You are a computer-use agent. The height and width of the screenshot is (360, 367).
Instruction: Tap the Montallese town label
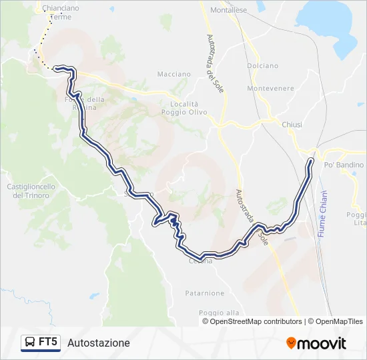pyautogui.click(x=229, y=11)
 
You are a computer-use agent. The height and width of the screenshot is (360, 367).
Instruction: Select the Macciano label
pyautogui.click(x=173, y=74)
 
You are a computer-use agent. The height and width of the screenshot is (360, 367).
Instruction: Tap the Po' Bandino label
pyautogui.click(x=344, y=165)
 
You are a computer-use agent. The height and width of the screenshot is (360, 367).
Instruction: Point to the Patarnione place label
pyautogui.click(x=205, y=293)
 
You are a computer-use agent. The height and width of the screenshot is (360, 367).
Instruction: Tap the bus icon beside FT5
pyautogui.click(x=29, y=343)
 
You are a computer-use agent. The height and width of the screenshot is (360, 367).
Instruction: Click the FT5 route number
pyautogui.click(x=48, y=343)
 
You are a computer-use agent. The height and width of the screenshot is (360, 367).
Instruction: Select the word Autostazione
pyautogui.click(x=99, y=343)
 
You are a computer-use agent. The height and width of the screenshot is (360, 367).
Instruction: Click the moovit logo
pyautogui.click(x=316, y=343)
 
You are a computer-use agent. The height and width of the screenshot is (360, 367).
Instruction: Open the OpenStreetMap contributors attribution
pyautogui.click(x=256, y=321)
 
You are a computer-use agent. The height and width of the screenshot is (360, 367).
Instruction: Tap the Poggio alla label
pyautogui.click(x=218, y=312)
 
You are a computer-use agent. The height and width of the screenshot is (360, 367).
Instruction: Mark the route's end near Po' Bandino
pyautogui.click(x=312, y=160)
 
